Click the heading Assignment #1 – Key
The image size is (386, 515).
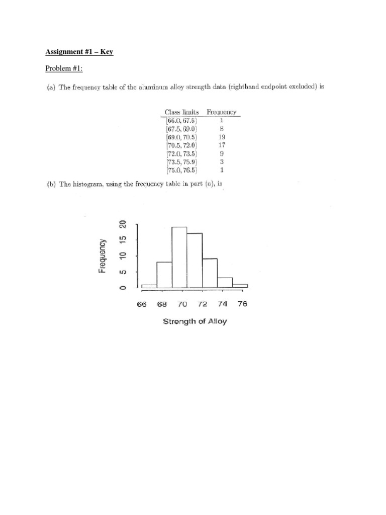[79, 52]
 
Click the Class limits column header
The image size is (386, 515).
[182, 112]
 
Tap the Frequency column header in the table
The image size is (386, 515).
[222, 112]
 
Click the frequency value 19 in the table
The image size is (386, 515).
[222, 136]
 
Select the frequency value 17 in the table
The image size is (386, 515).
[222, 145]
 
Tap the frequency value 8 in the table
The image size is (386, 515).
[222, 128]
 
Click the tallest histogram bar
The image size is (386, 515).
[179, 257]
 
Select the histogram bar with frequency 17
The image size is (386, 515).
[195, 260]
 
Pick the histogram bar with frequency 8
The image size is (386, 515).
[164, 275]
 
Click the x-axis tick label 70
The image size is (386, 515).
[182, 304]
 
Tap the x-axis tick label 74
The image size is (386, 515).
[222, 304]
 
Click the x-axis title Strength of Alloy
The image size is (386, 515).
[195, 321]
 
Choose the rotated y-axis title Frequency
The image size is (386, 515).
[102, 255]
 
